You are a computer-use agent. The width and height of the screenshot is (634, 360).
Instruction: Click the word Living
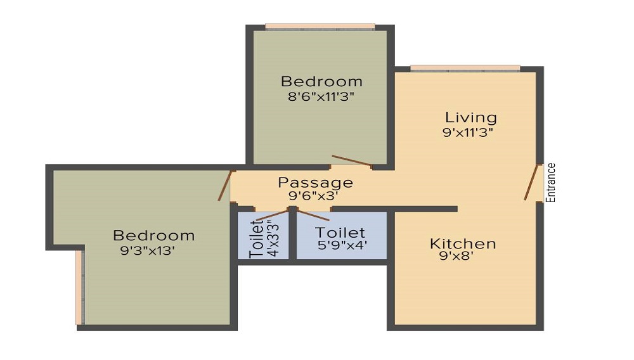(x=471, y=118)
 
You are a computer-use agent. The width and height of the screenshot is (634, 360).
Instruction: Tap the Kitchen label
(x=463, y=243)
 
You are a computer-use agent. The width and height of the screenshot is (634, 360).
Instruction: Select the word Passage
(x=315, y=183)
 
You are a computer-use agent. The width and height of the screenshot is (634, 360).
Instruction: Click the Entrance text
(x=551, y=183)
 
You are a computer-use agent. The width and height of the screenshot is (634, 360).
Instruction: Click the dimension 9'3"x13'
(x=147, y=251)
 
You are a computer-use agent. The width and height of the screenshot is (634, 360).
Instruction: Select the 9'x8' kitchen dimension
(x=456, y=256)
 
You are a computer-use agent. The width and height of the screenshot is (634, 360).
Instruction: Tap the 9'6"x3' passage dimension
(x=313, y=196)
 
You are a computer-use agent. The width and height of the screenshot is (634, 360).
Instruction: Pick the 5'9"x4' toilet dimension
(x=342, y=245)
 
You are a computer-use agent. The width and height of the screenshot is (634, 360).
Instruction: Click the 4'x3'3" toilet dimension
(x=274, y=238)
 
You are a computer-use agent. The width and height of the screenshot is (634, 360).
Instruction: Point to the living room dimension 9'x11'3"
(x=468, y=132)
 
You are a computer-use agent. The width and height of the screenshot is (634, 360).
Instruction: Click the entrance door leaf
(x=531, y=183)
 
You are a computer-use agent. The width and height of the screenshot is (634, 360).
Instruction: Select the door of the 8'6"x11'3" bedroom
(x=352, y=161)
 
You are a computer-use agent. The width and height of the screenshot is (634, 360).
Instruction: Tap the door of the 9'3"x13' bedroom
(x=225, y=186)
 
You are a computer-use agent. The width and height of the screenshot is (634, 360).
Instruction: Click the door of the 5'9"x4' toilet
(x=314, y=215)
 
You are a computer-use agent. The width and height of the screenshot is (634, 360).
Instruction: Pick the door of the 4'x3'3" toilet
(x=273, y=215)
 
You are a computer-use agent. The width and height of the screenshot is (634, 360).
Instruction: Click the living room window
(x=465, y=68)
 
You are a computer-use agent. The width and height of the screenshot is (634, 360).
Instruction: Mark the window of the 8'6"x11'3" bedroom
(x=320, y=27)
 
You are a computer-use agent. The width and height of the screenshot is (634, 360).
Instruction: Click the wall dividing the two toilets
(x=293, y=235)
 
